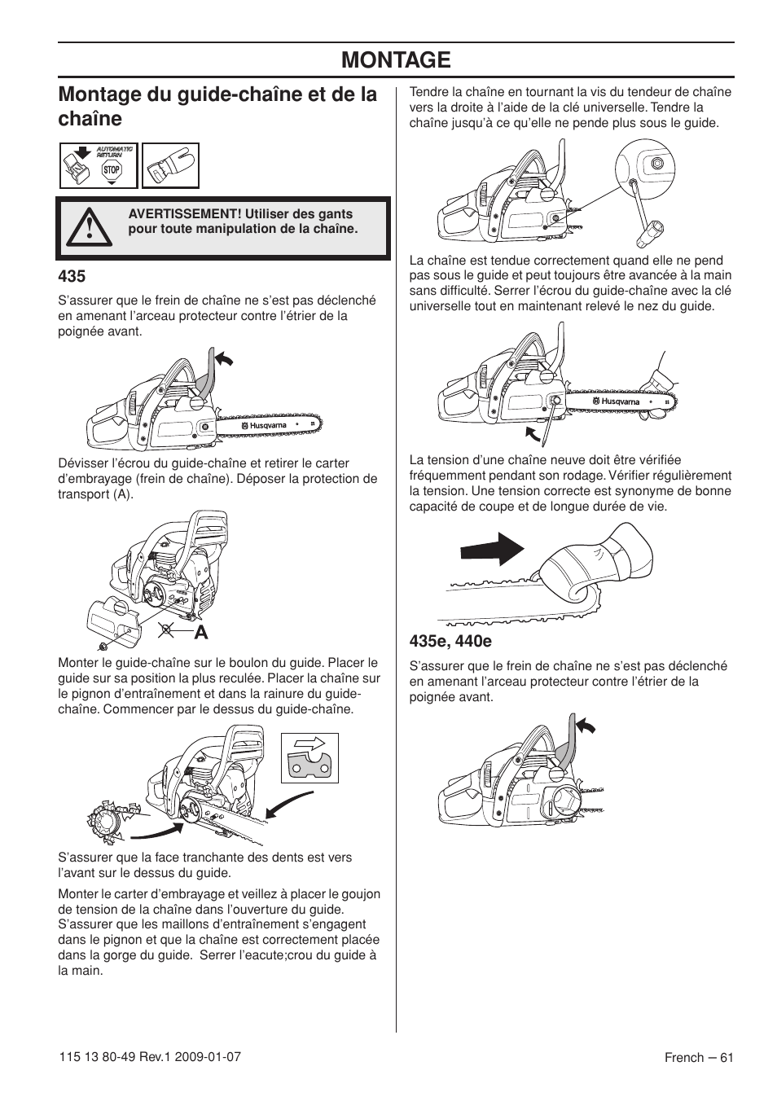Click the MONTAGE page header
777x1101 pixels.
[x=396, y=59]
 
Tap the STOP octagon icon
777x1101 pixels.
[x=112, y=170]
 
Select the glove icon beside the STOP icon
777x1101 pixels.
[x=171, y=166]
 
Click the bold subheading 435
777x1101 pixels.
[x=72, y=276]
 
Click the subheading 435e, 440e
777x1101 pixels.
[x=445, y=641]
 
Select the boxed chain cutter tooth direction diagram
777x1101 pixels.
[x=309, y=757]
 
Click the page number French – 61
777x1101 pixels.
[x=699, y=1057]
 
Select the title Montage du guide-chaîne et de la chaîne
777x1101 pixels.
[x=217, y=106]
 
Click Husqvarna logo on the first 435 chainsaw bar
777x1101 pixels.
[x=262, y=425]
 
